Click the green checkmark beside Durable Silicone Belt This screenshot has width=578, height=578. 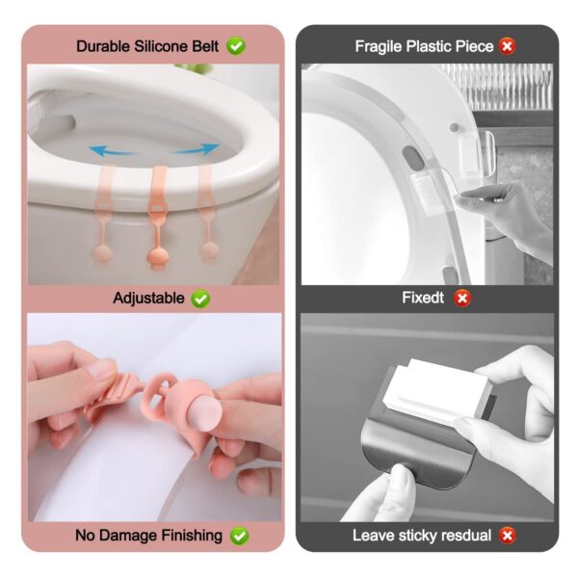click(236, 45)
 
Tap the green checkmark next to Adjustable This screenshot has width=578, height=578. click(200, 299)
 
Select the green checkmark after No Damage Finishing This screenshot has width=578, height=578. click(239, 535)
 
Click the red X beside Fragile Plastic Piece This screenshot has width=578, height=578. click(508, 45)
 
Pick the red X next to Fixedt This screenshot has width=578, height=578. click(462, 299)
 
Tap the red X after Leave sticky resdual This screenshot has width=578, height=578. click(507, 535)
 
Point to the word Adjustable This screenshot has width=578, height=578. click(148, 299)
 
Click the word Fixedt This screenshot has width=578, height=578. click(423, 299)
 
